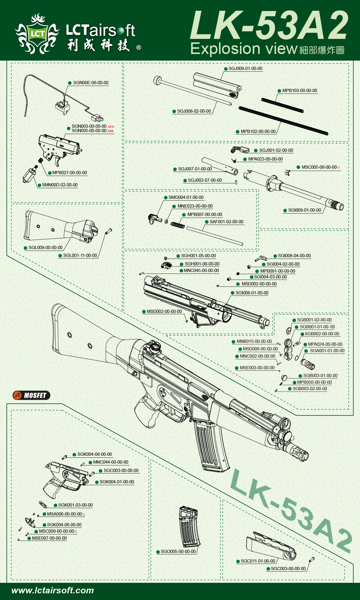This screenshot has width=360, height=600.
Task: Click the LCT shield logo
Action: (37, 34)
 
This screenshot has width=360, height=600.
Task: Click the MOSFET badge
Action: (31, 395)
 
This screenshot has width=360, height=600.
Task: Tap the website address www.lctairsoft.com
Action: (53, 590)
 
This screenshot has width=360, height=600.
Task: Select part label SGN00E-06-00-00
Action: (91, 83)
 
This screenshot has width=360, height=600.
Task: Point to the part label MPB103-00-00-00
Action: (300, 91)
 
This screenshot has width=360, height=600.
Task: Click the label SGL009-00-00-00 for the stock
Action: (45, 248)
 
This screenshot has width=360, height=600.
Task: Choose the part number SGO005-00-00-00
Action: (178, 552)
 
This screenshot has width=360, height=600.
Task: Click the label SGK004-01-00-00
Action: (117, 482)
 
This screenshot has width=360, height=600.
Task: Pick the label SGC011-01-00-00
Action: (258, 561)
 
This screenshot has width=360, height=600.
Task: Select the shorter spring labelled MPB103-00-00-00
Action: (282, 105)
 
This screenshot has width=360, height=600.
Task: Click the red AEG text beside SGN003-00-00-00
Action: (111, 127)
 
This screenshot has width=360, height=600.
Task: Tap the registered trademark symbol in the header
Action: (139, 48)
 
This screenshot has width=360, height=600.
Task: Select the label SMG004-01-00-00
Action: (186, 197)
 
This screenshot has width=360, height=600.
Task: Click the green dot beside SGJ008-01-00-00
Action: (226, 69)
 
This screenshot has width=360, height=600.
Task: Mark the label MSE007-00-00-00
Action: (49, 538)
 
